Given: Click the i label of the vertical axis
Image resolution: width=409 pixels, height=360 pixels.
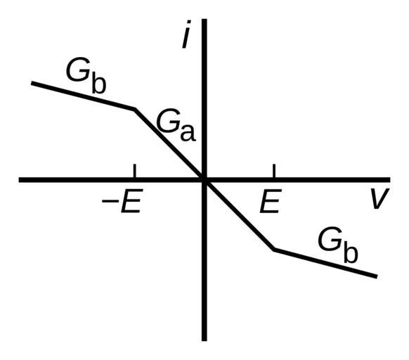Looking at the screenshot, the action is click(x=186, y=34).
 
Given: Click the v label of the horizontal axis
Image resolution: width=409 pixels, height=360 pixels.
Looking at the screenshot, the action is click(x=380, y=198).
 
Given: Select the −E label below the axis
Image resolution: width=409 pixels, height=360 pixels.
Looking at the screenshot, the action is click(x=122, y=200).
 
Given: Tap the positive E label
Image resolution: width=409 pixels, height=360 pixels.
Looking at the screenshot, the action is click(x=271, y=200).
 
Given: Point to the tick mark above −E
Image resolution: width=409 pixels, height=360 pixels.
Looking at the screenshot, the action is click(x=134, y=171).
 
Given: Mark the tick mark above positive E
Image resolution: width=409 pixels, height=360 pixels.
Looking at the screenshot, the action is click(x=274, y=171).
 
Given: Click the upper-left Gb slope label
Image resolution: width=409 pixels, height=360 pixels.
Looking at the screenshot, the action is click(x=86, y=76).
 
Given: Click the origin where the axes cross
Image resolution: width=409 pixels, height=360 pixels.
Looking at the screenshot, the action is click(x=204, y=180).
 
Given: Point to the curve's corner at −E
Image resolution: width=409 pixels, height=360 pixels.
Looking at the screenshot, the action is click(x=135, y=109).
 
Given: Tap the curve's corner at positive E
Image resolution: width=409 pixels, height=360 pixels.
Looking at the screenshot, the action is click(x=274, y=250).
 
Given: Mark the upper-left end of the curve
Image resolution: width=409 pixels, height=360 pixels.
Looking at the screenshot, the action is click(x=32, y=83).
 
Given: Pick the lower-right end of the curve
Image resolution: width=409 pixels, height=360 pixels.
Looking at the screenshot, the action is click(x=377, y=276).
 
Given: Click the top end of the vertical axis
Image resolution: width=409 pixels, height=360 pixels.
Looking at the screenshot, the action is click(x=204, y=19).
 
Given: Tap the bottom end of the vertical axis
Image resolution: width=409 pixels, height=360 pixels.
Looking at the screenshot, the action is click(x=204, y=340).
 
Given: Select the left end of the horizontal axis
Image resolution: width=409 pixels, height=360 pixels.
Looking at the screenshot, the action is click(x=19, y=180).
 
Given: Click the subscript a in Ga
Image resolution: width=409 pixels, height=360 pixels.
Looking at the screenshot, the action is click(x=188, y=134).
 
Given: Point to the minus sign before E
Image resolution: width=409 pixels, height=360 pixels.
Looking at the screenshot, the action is click(x=108, y=201).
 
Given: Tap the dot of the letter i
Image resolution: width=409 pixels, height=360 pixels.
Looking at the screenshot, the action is click(x=189, y=22).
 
